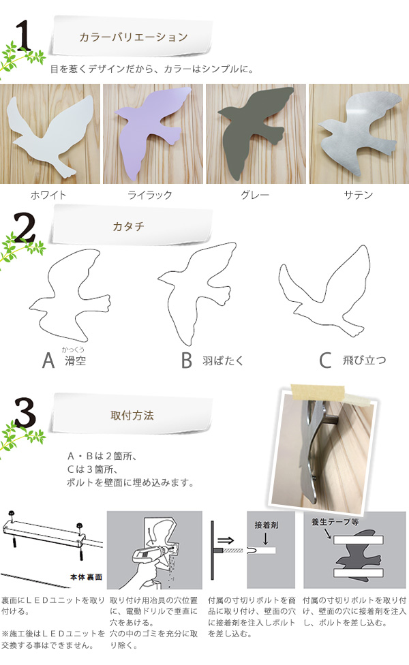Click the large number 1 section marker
[25, 38]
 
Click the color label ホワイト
[48, 195]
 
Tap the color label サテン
[359, 195]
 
